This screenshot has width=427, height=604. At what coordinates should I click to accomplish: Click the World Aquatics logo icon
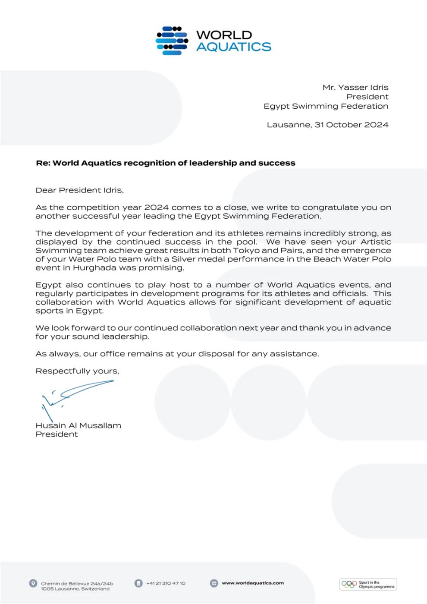(172, 41)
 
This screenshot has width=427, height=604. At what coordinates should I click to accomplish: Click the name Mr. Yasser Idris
(355, 87)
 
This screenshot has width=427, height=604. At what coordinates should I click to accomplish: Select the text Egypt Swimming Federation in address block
(326, 106)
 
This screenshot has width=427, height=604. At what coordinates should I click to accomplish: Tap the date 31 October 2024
(351, 125)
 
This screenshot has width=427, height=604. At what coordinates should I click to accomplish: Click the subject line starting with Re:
(165, 163)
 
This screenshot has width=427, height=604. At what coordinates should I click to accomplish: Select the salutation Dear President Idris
(79, 190)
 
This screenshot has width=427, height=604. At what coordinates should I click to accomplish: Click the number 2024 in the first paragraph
(156, 207)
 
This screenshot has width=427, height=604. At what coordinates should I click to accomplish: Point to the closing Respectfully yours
(77, 371)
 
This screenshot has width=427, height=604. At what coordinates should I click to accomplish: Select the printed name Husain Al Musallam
(78, 425)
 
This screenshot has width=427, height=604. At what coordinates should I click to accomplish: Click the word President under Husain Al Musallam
(57, 434)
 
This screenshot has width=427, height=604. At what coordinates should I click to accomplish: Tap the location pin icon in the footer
(33, 583)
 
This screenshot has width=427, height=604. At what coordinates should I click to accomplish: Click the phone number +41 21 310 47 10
(166, 583)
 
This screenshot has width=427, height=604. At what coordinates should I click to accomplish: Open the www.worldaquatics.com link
(253, 583)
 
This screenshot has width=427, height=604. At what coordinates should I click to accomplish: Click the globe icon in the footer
(214, 583)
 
